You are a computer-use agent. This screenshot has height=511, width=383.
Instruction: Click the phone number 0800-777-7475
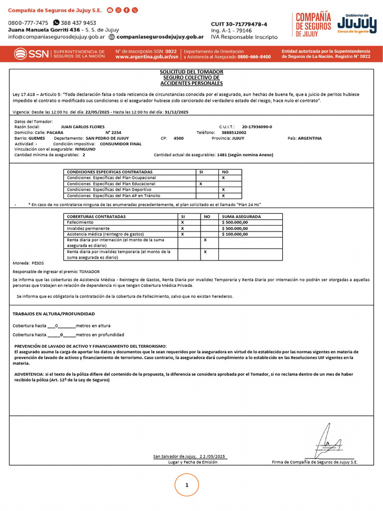point(28,23)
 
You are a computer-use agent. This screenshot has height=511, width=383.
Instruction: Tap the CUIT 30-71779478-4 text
point(239,24)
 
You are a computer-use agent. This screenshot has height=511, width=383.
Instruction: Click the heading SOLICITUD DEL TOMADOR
point(191,72)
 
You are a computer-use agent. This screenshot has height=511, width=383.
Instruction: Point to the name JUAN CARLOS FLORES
point(82,127)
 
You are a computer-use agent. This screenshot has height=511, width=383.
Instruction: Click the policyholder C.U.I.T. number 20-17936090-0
point(257,127)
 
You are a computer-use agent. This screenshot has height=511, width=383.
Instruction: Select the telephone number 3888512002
point(234,133)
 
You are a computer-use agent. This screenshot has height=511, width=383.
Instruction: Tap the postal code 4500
point(179,138)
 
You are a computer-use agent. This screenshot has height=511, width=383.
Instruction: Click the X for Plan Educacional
point(200,184)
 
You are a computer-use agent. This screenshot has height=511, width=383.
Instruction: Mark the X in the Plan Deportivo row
point(223,190)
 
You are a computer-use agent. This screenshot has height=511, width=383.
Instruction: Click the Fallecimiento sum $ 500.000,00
point(235,222)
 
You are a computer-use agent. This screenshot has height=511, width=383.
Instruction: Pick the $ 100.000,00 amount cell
point(235,234)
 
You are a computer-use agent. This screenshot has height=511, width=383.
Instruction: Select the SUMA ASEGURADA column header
point(241,217)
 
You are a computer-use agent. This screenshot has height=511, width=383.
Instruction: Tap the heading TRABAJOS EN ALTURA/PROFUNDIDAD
point(53,314)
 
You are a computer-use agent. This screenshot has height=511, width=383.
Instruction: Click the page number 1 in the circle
point(187,485)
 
